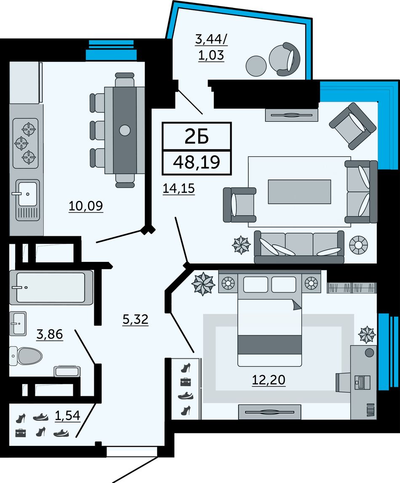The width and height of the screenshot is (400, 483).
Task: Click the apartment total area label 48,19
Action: coord(197,162)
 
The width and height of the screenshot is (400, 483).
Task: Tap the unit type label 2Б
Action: coord(197,136)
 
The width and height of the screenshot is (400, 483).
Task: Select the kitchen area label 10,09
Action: coord(85,206)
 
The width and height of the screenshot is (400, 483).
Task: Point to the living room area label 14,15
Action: coord(179,188)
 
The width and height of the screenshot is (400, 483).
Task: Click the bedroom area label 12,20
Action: coord(269,380)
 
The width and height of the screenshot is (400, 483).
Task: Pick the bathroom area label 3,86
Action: coord(50,334)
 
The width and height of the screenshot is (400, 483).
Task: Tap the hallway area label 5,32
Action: coord(136,319)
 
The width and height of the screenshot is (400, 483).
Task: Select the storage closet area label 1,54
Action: coord(67,416)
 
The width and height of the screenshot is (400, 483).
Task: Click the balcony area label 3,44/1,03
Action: coord(211,47)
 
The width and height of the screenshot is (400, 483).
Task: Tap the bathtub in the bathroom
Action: coord(51,287)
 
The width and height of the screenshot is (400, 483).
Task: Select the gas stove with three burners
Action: coord(26,143)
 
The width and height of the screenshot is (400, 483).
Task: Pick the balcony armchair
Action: coord(285,59)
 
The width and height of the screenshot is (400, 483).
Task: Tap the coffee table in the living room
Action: coord(299,192)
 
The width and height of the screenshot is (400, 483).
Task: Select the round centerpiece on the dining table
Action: coord(125,130)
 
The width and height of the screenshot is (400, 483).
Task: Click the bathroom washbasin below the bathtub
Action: coord(18,323)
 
